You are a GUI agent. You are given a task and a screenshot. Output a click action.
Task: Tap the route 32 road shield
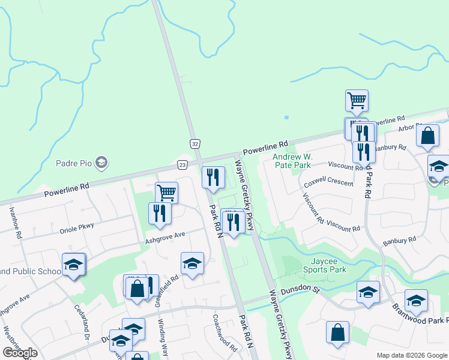[x=194, y=144]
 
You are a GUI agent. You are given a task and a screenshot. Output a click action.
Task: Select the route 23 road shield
[x=182, y=164]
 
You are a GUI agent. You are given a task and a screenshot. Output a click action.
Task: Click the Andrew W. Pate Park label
[x=292, y=161]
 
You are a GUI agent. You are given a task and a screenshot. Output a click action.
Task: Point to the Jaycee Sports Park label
[x=328, y=265]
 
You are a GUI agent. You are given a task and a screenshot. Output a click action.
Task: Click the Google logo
[x=20, y=353]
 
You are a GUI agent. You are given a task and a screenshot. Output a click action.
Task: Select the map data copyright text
[x=412, y=355]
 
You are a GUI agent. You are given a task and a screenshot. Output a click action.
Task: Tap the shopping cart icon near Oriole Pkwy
[x=167, y=192]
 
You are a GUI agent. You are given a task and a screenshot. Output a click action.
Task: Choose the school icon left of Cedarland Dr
[x=73, y=264]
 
